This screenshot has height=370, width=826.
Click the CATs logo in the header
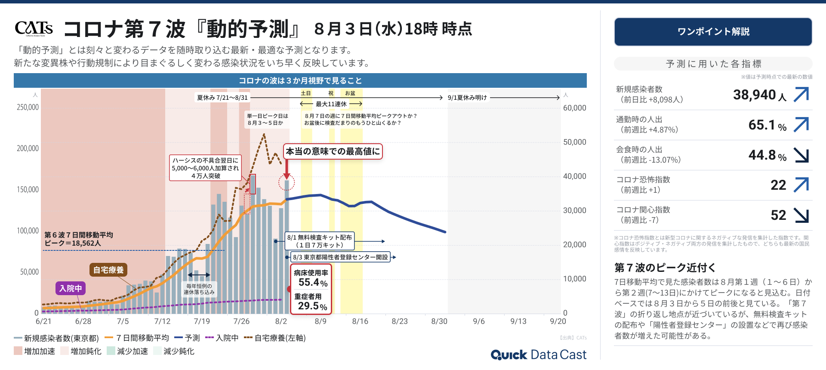coord(34,28)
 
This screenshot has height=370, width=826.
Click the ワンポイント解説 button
coord(713,32)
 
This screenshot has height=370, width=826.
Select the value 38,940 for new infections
coord(755,95)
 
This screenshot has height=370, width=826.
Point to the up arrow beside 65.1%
coord(801,125)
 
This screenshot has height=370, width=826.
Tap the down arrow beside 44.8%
coord(801,155)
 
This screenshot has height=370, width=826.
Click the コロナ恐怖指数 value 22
coord(778,185)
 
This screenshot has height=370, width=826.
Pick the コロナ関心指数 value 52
coord(778,215)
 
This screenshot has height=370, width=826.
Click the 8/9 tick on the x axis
coord(321,321)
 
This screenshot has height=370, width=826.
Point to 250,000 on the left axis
coord(28,107)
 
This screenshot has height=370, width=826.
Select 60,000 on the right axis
coord(574,108)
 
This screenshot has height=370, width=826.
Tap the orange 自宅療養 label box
coord(108,270)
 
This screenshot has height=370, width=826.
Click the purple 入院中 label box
coord(71,288)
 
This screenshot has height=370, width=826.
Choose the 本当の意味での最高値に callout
coord(333,151)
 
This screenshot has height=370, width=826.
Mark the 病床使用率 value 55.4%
coord(313,283)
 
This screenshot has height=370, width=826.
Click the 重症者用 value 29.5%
coord(312,306)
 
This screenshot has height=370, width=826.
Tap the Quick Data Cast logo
coord(538,355)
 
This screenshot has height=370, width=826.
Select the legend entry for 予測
coord(188,338)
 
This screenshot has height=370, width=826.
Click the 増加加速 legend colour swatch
coord(18,351)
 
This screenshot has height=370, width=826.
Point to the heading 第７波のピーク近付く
coord(665,268)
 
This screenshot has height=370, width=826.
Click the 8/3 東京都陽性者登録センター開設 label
coord(340,257)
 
